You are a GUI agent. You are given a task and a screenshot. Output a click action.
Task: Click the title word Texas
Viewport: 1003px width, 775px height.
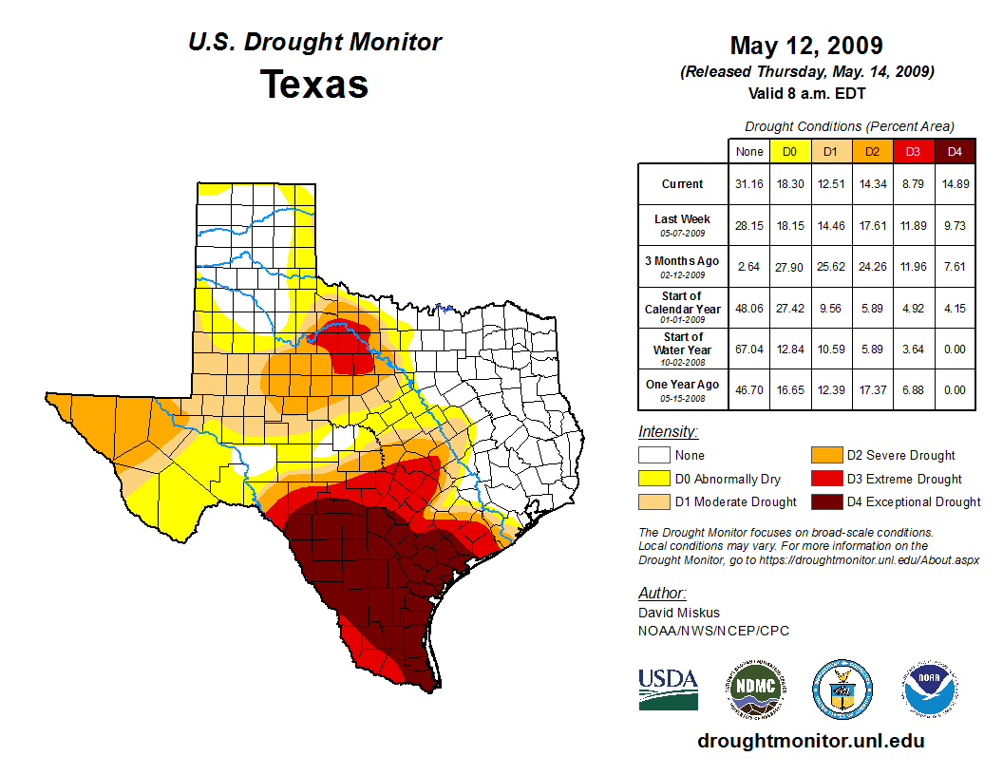(x=314, y=84)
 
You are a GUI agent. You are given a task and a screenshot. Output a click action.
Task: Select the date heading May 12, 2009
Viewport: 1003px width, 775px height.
(x=806, y=46)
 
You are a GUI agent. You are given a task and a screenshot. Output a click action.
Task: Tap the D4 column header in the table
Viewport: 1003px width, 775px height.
(x=955, y=151)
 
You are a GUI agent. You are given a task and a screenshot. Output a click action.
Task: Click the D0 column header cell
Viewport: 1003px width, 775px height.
(x=789, y=151)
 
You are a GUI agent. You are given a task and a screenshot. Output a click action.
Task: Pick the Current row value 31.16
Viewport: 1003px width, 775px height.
(x=749, y=184)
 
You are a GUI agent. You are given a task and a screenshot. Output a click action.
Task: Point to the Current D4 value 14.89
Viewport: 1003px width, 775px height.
(x=955, y=184)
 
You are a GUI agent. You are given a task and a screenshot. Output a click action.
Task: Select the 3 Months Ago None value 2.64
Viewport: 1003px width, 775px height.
(x=749, y=267)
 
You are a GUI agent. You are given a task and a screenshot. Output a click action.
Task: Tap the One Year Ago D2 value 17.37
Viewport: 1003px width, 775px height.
(x=871, y=390)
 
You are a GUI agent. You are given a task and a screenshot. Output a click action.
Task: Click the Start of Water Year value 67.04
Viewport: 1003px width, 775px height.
(x=749, y=349)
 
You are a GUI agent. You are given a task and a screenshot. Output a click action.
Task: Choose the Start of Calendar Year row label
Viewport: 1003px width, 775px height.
(x=683, y=308)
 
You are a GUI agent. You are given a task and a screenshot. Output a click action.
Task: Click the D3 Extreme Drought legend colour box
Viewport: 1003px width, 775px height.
(x=824, y=479)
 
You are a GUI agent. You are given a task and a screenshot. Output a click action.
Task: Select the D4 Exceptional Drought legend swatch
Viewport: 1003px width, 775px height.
(x=824, y=501)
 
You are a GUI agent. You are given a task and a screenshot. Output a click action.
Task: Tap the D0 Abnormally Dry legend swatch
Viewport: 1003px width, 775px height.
(x=654, y=479)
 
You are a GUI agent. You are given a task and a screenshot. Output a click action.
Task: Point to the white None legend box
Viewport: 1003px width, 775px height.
(x=654, y=456)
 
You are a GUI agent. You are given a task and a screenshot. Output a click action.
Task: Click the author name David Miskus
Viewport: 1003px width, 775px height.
(x=678, y=613)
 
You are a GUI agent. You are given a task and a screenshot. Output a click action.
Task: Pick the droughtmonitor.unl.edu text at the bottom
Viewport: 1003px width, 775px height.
(x=810, y=741)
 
